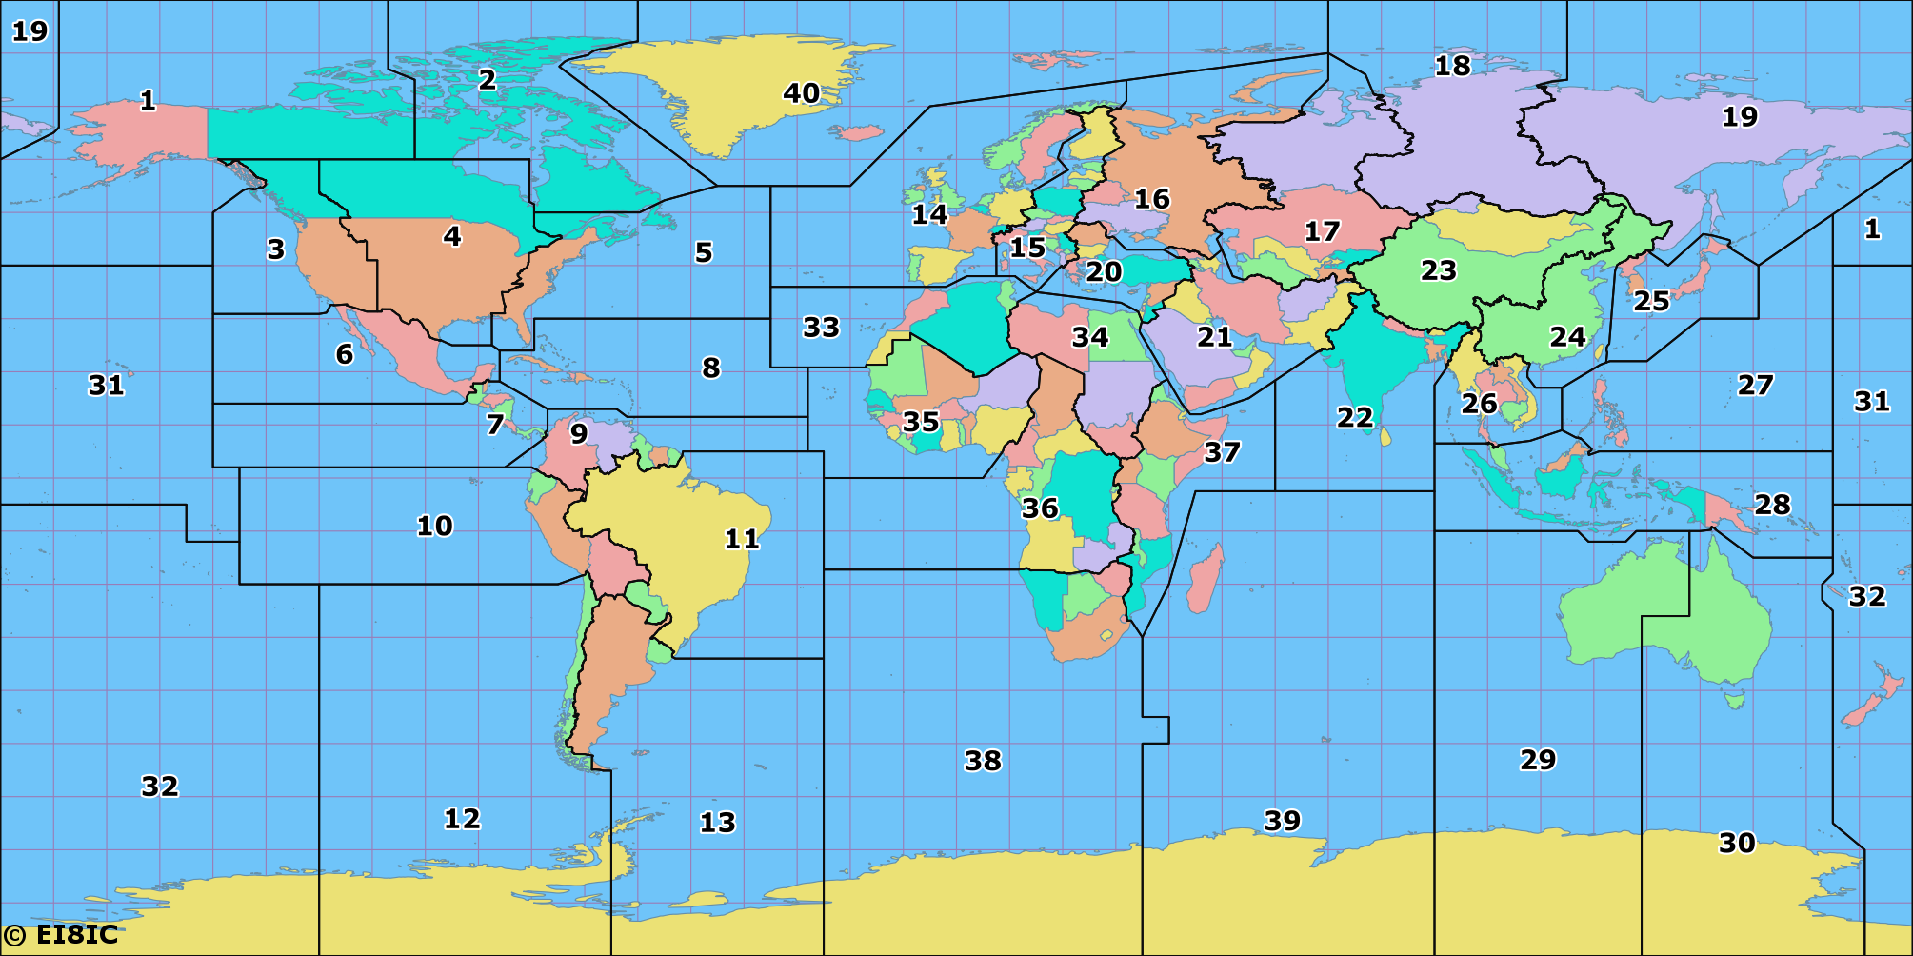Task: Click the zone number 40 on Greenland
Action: [x=801, y=93]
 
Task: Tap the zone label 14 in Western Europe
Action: [x=929, y=214]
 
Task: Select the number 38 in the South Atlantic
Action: [x=983, y=761]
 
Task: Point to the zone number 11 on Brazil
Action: [x=742, y=539]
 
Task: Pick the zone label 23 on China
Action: [x=1438, y=270]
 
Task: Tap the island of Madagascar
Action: [x=1205, y=577]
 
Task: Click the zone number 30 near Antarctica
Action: [x=1737, y=843]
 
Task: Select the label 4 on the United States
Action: [x=452, y=236]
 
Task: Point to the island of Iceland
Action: [x=860, y=132]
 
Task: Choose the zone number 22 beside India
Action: [x=1354, y=417]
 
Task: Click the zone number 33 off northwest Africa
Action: [x=821, y=328]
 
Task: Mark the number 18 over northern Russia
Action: [x=1452, y=66]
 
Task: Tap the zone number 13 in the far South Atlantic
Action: [x=717, y=822]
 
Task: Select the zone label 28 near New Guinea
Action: [x=1772, y=505]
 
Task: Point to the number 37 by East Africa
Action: [x=1222, y=451]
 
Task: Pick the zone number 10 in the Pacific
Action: [x=434, y=526]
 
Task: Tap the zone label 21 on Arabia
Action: [x=1214, y=337]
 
